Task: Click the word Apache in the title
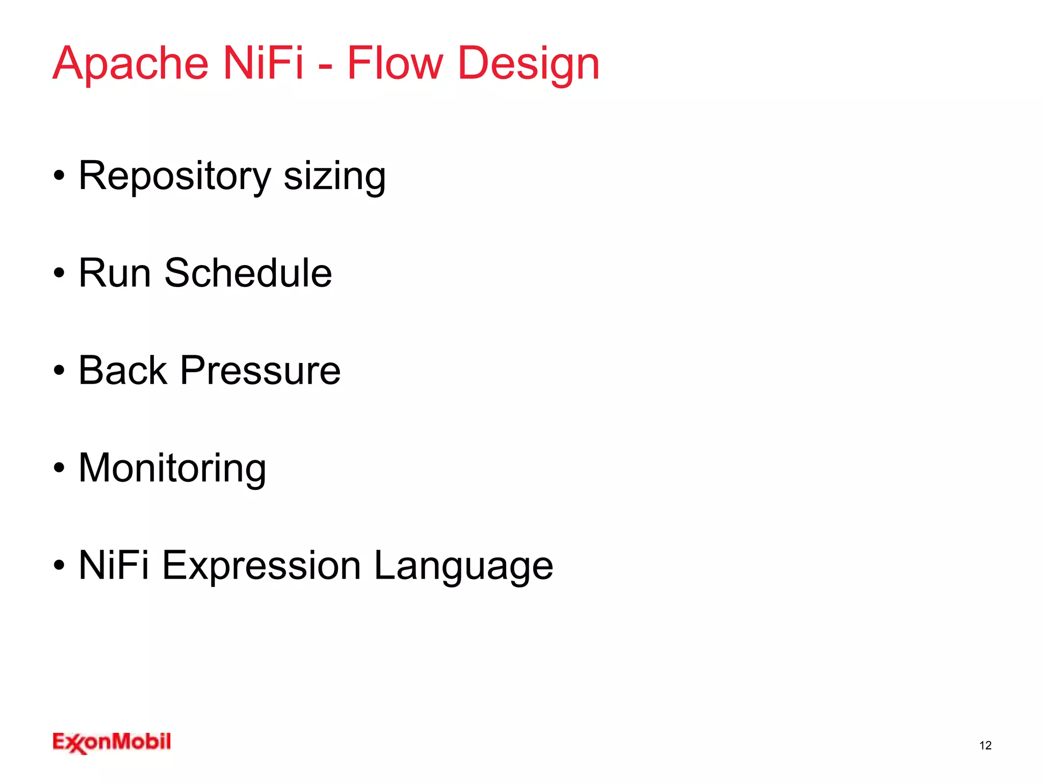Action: (130, 64)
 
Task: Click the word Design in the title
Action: (529, 64)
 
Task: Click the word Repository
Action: (175, 176)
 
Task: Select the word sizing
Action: (334, 176)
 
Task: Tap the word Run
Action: (115, 273)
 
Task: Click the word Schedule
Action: (248, 273)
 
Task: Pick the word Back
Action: (123, 371)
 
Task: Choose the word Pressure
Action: (260, 371)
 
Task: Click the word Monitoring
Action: (172, 468)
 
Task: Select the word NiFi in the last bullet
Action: (114, 565)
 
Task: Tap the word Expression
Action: (262, 566)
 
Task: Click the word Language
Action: (463, 566)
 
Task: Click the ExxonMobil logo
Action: (112, 742)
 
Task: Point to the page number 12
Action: (985, 745)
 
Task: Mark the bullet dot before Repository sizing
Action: (59, 176)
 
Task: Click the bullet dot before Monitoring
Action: (59, 468)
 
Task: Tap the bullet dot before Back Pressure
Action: (59, 371)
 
